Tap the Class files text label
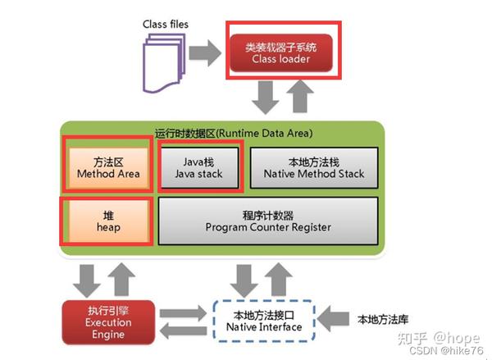[165, 24]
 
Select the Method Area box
[107, 167]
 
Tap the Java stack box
[199, 167]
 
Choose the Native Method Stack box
[313, 167]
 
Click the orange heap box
[107, 221]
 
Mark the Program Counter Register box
[268, 221]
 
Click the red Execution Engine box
[107, 321]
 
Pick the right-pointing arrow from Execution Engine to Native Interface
[181, 314]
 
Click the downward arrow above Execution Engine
[84, 278]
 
